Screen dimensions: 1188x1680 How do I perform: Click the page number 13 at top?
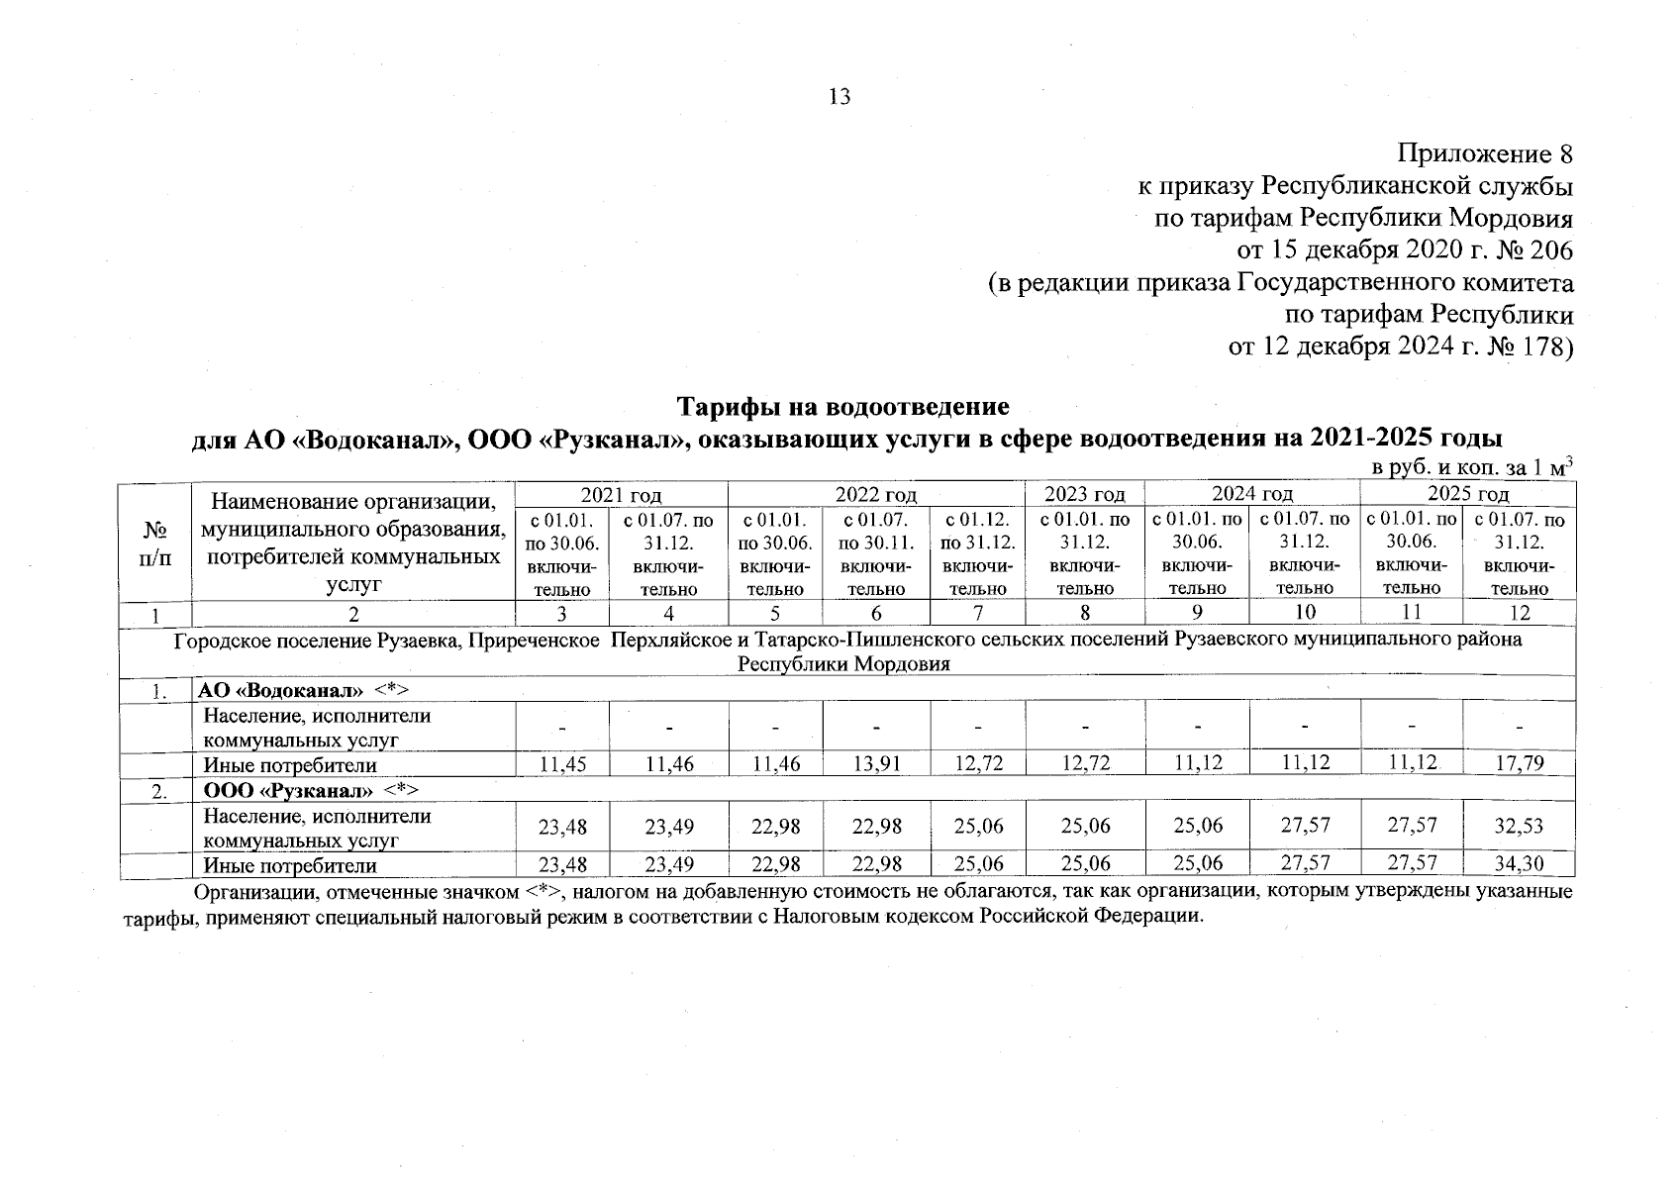pos(839,97)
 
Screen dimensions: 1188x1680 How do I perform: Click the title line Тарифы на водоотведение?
pos(842,407)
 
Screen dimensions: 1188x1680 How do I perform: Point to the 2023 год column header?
pos(1085,494)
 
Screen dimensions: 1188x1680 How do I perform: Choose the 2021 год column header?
pos(621,494)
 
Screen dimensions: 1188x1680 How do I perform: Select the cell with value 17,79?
pos(1519,764)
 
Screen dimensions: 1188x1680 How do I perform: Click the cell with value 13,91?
pos(876,764)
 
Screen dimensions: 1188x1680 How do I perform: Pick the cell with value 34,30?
pos(1519,865)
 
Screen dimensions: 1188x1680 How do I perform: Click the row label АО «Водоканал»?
pos(281,690)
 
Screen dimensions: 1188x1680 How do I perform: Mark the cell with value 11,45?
pos(561,764)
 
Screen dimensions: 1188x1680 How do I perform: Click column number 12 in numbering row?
pos(1519,613)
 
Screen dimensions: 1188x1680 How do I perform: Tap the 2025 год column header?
pos(1467,494)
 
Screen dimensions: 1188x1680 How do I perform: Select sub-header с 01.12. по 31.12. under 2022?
pos(977,553)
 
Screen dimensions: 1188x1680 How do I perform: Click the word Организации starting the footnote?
pos(255,892)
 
